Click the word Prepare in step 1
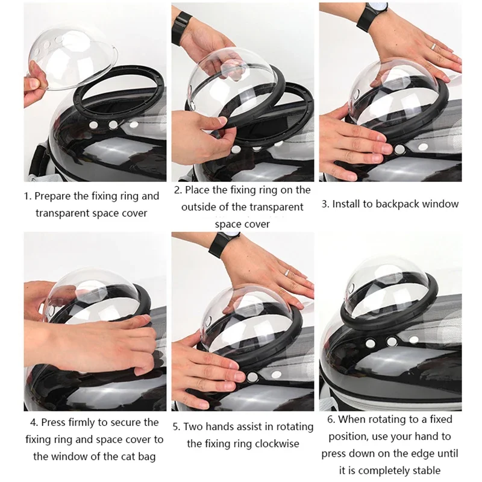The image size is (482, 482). [x=55, y=196]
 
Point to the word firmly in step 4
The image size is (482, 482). [x=80, y=422]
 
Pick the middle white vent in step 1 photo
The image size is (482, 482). [x=113, y=125]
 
